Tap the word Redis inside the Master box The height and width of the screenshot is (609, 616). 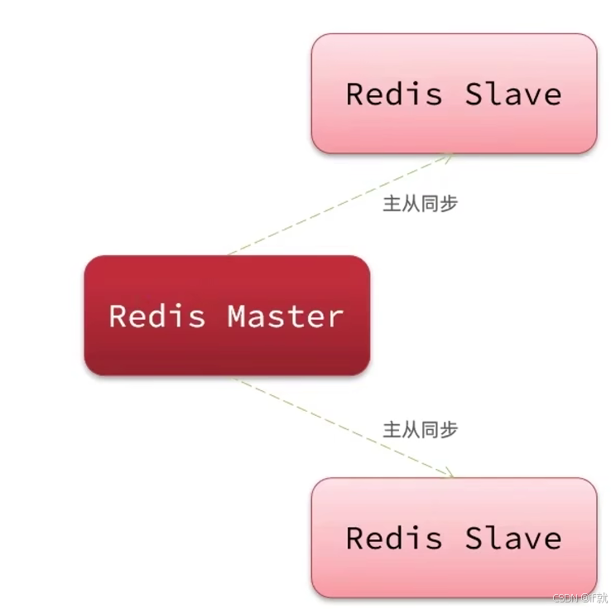click(157, 316)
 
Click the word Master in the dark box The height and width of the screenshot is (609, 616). click(285, 316)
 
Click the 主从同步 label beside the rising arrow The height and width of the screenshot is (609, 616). click(420, 204)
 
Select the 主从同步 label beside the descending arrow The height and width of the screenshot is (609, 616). click(420, 429)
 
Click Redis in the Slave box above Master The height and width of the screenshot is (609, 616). click(394, 94)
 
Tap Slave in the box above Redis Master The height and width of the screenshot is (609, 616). click(513, 94)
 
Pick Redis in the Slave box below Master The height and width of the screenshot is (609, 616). click(394, 538)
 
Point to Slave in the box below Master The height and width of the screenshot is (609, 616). click(513, 538)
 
